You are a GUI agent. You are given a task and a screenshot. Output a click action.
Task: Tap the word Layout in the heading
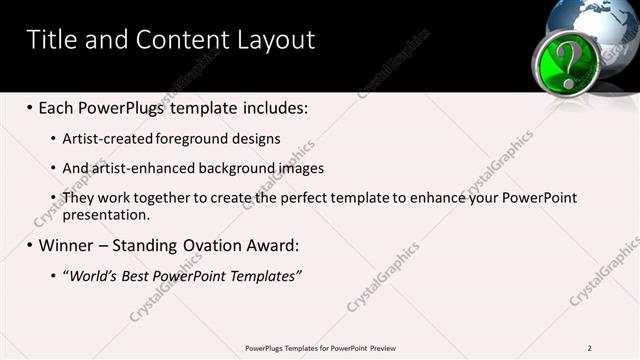click(x=274, y=40)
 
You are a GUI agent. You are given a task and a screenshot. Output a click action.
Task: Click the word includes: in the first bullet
click(x=271, y=106)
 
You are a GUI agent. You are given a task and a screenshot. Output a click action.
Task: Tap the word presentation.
click(x=105, y=214)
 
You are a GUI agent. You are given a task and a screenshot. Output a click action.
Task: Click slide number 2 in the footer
click(x=589, y=347)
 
